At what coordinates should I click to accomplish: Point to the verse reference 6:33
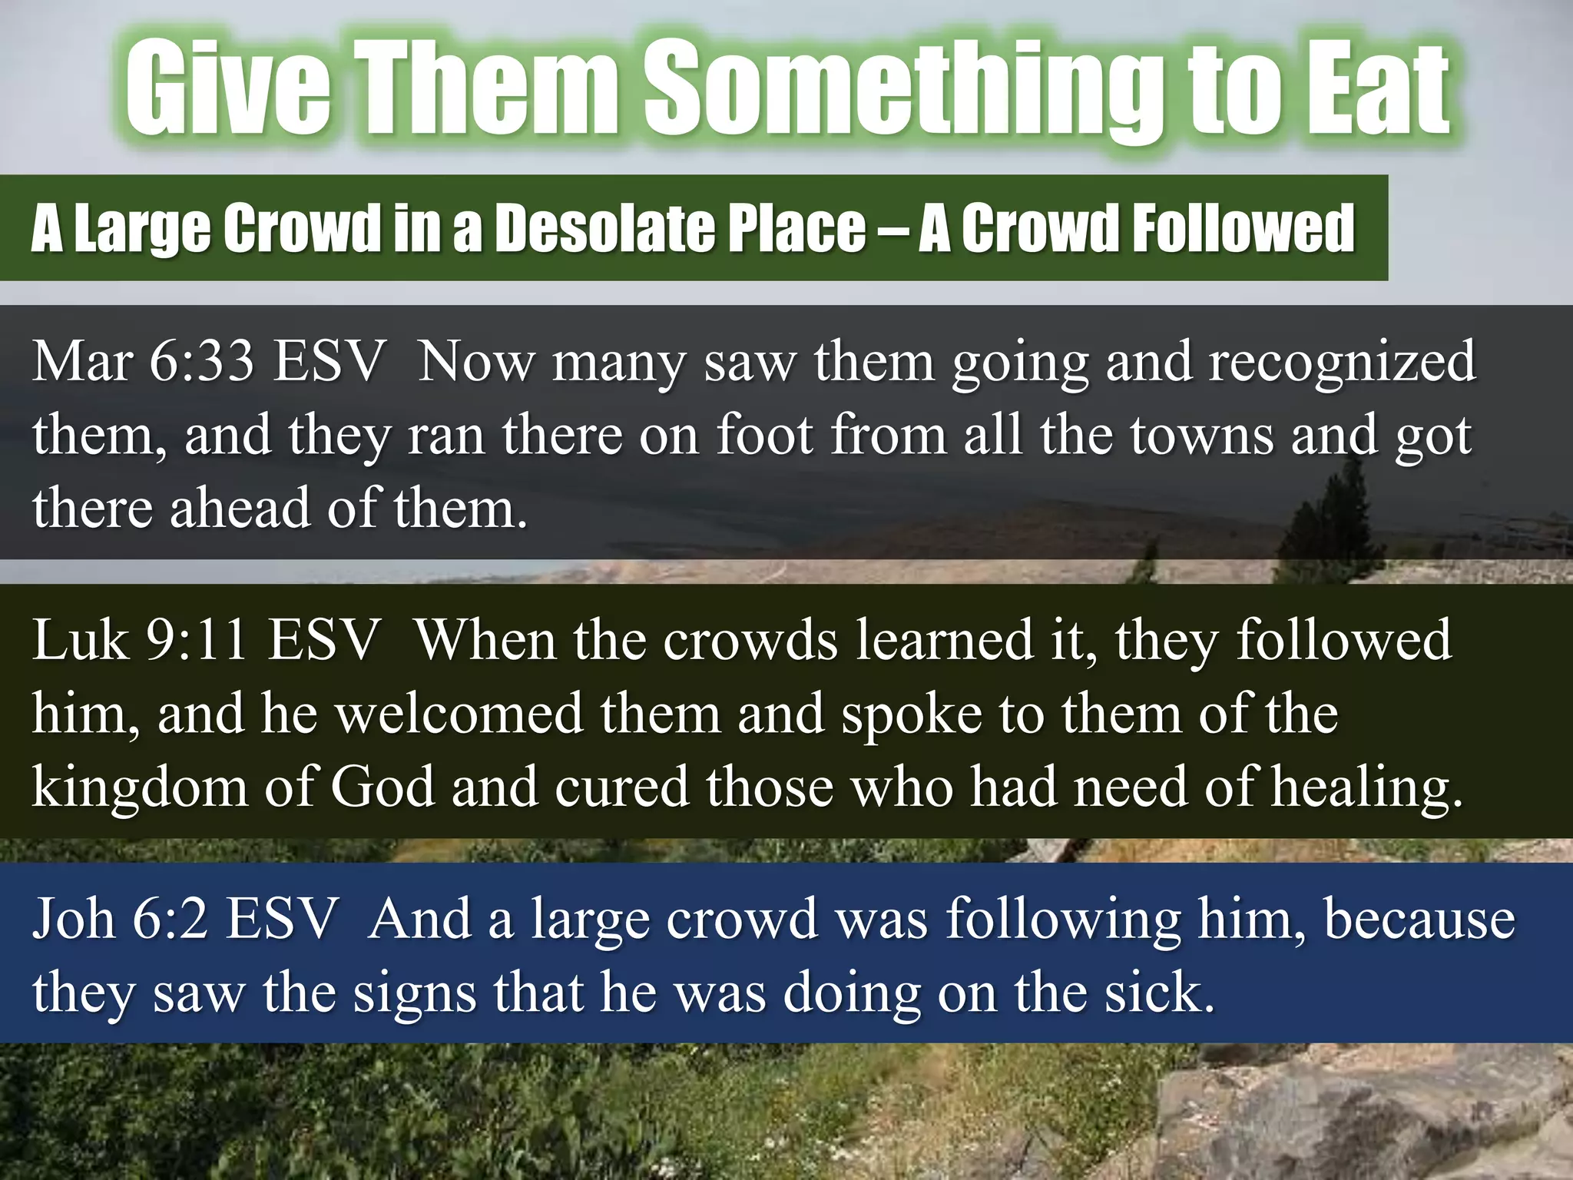200,360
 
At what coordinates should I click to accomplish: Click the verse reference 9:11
196,639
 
